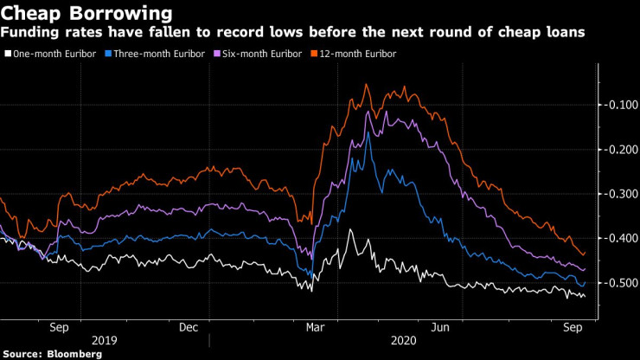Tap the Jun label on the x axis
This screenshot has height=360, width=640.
click(440, 328)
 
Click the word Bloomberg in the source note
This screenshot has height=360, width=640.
click(74, 354)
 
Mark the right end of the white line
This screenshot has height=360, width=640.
click(585, 297)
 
